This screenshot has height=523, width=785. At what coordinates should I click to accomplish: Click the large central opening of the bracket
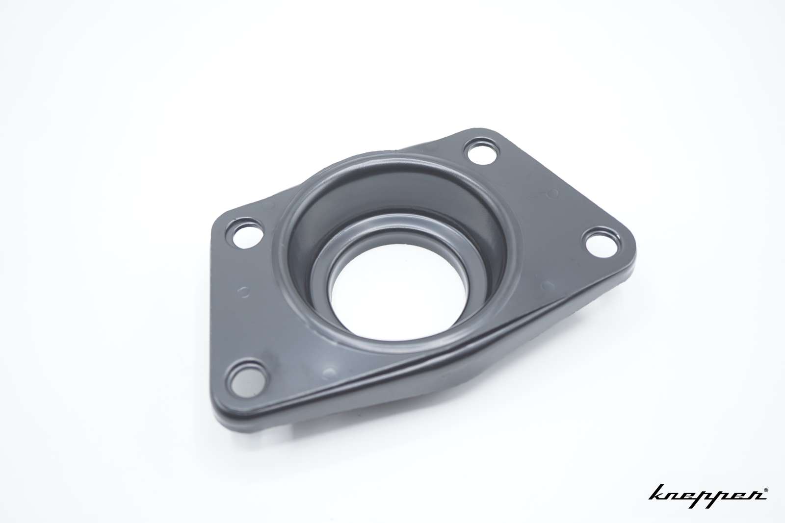click(398, 292)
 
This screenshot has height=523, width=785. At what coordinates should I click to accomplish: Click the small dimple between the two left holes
click(243, 291)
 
